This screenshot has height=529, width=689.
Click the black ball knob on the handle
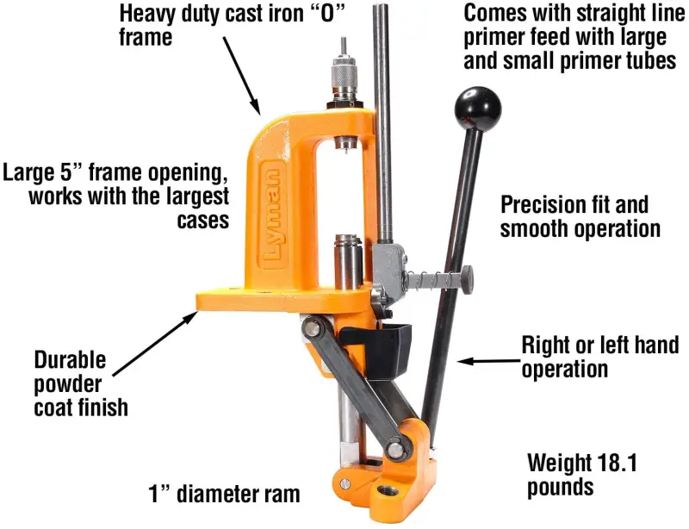pos(477,108)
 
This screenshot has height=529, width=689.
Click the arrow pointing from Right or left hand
pos(488,361)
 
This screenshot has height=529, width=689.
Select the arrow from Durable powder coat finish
pos(155,344)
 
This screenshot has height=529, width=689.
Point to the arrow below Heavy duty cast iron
pos(242,76)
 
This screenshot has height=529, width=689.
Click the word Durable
pos(71,360)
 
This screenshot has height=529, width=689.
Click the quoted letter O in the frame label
pos(326,14)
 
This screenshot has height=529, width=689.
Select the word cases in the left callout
pos(203,220)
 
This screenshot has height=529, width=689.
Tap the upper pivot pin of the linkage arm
pos(313,327)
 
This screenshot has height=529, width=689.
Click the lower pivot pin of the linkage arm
pos(395,450)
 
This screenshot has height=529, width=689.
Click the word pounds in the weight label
pos(561,488)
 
